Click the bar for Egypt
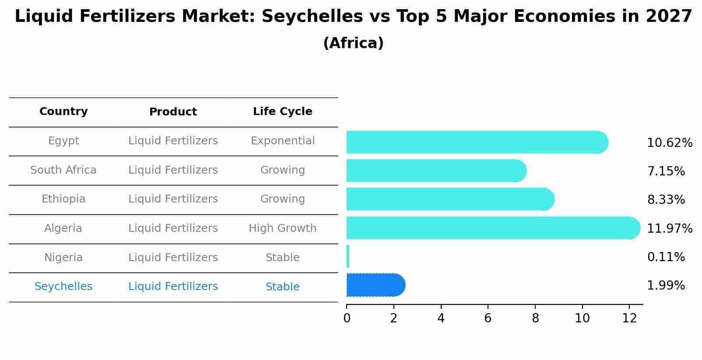click(x=477, y=142)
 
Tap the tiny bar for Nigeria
click(x=348, y=256)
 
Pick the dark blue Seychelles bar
click(x=376, y=285)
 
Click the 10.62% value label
click(x=669, y=143)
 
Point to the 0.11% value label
click(x=666, y=257)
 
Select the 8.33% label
click(x=666, y=200)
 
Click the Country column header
click(x=63, y=112)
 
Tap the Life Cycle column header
click(x=282, y=112)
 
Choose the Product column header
click(x=173, y=112)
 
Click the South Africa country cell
click(x=63, y=170)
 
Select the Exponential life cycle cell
click(x=282, y=141)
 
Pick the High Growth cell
click(x=282, y=228)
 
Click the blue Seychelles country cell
click(x=63, y=287)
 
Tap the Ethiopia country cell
click(x=63, y=199)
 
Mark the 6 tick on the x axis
click(x=488, y=318)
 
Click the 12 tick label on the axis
click(x=629, y=318)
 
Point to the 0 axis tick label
click(x=347, y=318)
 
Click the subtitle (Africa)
click(x=353, y=43)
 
